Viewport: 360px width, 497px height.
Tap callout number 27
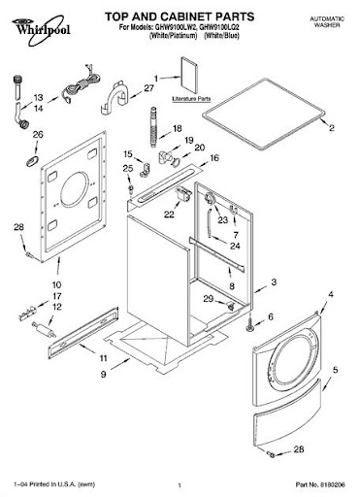149,88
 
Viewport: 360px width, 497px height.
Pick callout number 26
37,135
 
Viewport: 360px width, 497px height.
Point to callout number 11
103,358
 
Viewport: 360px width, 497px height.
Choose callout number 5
335,370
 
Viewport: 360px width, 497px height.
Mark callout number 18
177,128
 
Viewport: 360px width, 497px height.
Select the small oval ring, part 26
36,155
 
